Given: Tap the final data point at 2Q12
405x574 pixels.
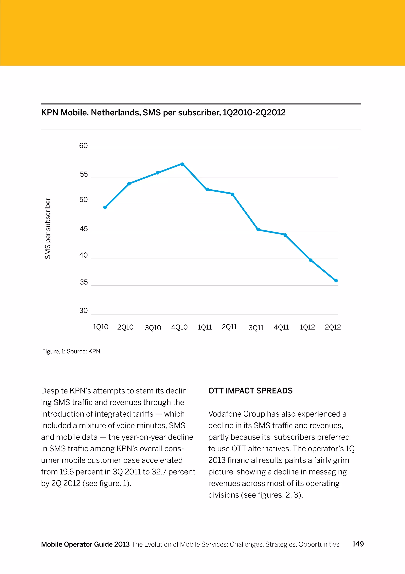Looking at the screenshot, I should [x=336, y=280].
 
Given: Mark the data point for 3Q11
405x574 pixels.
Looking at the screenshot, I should [x=258, y=230].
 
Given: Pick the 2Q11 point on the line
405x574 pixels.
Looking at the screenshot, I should [x=233, y=194].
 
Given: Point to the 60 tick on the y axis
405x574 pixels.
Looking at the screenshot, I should [x=83, y=146].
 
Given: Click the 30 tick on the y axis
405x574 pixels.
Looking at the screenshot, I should [x=83, y=311].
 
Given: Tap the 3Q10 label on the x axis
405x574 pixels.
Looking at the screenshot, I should [x=153, y=327].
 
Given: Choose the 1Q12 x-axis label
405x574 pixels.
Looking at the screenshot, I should [x=307, y=327].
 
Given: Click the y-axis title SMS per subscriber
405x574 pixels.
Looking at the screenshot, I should [x=47, y=228].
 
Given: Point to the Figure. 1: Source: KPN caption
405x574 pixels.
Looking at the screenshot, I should [x=71, y=351].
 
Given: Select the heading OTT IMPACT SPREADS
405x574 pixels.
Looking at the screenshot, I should [x=250, y=391].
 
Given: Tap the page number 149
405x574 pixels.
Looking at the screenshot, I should [x=358, y=544].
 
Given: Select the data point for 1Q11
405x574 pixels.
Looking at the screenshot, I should [x=207, y=189].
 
